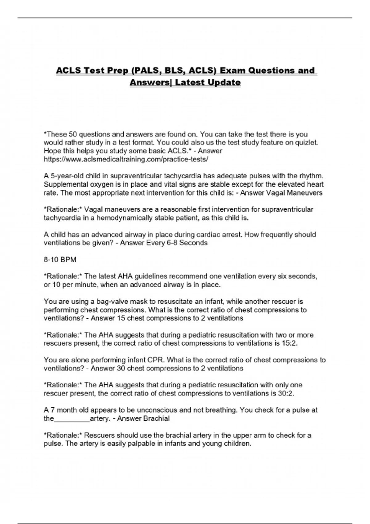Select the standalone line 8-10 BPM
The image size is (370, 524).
(x=60, y=260)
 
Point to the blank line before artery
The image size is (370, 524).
(x=72, y=419)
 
